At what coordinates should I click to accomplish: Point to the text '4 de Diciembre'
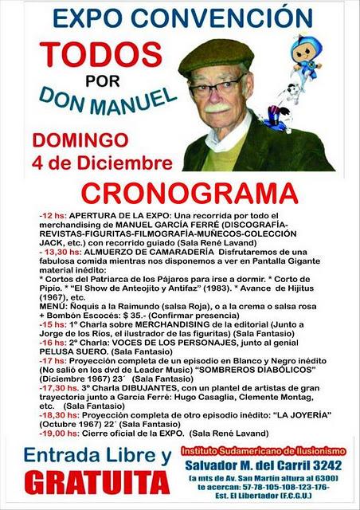pyautogui.click(x=103, y=163)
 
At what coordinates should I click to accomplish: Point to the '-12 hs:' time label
pyautogui.click(x=53, y=216)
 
